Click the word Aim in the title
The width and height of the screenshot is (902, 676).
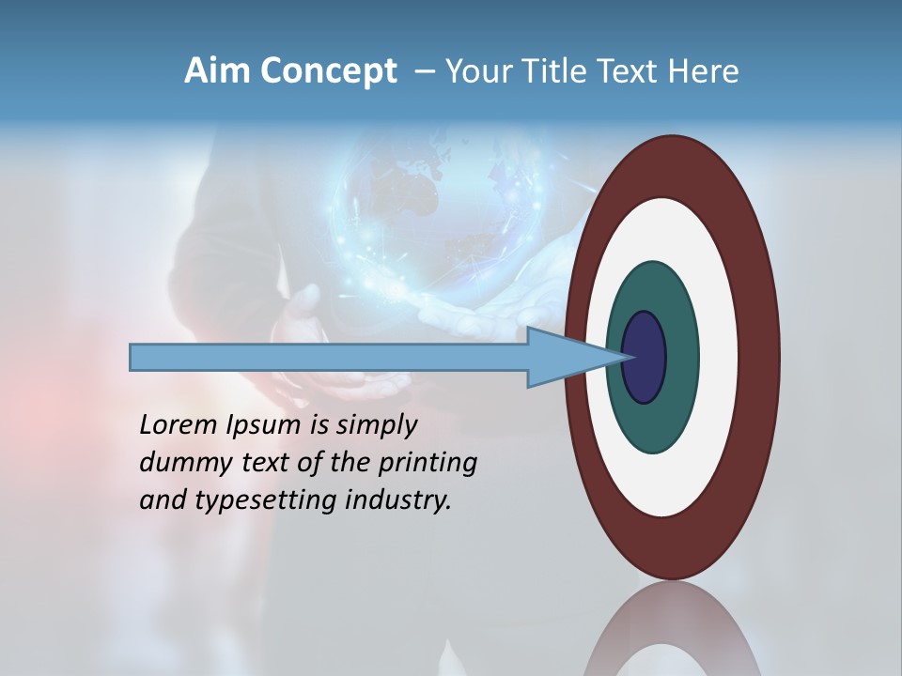217,71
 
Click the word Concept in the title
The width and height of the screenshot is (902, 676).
329,71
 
